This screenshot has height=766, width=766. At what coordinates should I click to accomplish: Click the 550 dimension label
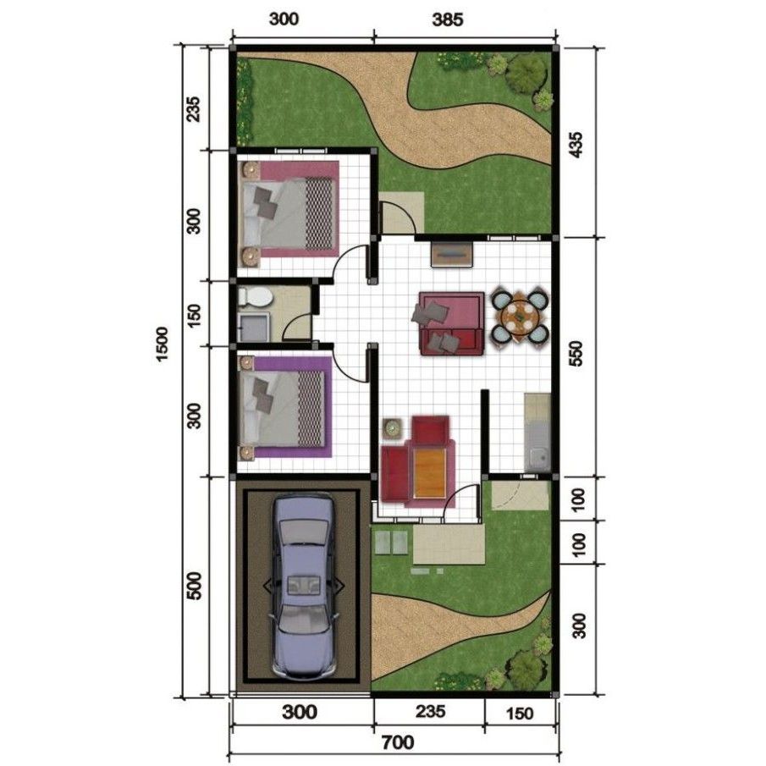(x=578, y=356)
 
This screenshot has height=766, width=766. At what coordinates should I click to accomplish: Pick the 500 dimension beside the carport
(x=194, y=586)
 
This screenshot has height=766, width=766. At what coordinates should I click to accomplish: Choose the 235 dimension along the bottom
(x=427, y=712)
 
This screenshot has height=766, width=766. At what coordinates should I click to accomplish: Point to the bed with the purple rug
(x=285, y=407)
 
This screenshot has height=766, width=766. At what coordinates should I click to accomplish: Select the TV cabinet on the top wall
(x=449, y=252)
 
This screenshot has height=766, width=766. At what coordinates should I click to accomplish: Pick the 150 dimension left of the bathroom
(x=194, y=314)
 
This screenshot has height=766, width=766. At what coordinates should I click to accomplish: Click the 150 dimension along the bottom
(x=519, y=713)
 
